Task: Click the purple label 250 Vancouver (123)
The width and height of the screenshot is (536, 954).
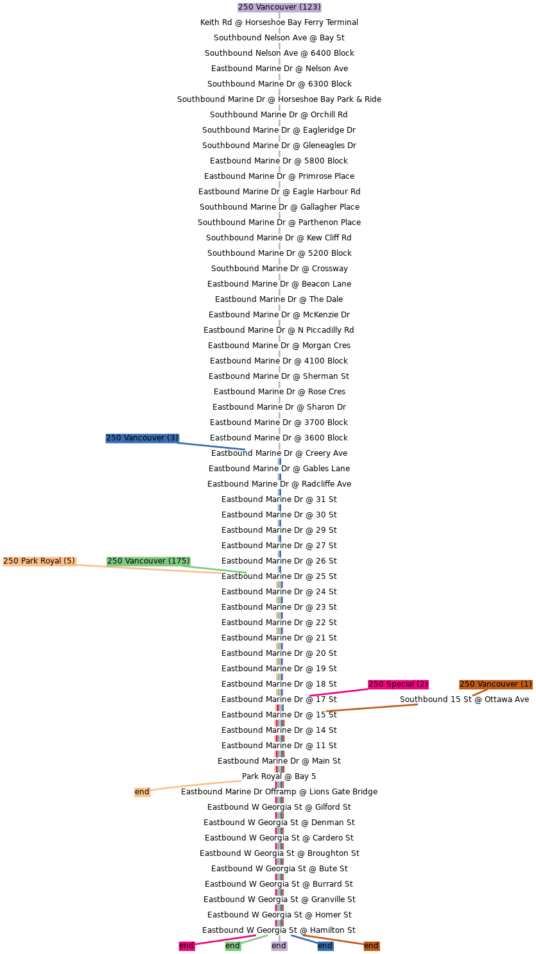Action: [279, 7]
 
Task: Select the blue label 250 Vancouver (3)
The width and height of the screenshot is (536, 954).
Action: [142, 438]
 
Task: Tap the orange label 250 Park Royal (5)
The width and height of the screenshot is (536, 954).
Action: [39, 561]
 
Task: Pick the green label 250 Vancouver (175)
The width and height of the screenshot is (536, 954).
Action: [148, 561]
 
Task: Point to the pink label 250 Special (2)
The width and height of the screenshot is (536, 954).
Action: [398, 684]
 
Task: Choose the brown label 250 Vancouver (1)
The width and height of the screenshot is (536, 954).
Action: [496, 684]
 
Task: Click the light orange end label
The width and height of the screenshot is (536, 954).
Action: [142, 792]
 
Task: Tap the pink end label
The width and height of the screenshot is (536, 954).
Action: [186, 946]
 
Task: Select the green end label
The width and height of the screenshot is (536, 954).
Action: [232, 946]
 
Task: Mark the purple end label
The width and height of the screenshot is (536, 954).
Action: [279, 946]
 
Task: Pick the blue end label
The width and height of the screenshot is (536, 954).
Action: [325, 946]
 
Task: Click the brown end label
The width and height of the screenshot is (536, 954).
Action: [371, 946]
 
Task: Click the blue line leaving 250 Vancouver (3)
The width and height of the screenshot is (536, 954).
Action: [212, 446]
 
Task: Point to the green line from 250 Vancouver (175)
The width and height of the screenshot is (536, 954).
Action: [218, 569]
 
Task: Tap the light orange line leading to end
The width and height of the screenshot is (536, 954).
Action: [196, 785]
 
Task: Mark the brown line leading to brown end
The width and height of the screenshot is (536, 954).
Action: [334, 940]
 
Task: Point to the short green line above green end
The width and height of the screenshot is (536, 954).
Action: [255, 939]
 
